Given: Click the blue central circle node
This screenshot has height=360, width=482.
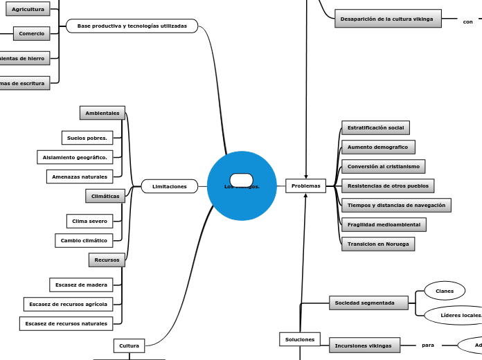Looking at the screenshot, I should point(242,197).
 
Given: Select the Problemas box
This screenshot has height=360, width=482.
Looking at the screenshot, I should point(305,186).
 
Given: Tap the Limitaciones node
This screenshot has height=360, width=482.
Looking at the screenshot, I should point(170,186).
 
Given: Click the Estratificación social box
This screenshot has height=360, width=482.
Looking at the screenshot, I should point(375,127).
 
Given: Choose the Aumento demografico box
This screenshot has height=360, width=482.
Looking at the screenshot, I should point(378,147).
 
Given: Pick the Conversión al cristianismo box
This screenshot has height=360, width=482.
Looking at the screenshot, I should point(383,166).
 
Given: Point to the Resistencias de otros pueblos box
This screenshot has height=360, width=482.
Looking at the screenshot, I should point(388,186).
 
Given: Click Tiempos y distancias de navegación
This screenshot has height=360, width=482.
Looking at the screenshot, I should point(396,205).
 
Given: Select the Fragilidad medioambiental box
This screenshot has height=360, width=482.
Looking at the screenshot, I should point(384,224).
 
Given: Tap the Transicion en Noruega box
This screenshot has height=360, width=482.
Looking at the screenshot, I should point(378,244).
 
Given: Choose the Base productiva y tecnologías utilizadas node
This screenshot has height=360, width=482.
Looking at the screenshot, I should point(132,26).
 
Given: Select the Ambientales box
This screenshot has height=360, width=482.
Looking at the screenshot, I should point(102,113).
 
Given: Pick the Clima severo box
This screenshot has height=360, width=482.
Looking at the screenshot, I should point(89,221).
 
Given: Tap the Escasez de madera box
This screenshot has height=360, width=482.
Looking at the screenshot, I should point(81,285).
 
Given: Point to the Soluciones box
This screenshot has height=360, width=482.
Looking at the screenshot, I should point(300,339).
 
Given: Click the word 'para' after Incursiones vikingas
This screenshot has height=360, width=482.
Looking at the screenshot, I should point(428,345).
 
